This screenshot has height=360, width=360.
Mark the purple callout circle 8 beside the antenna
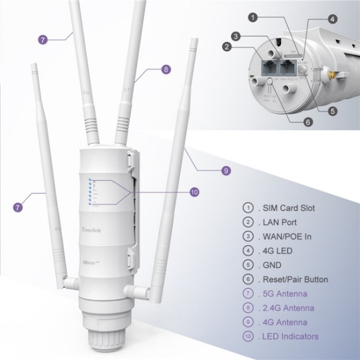pyautogui.click(x=166, y=69)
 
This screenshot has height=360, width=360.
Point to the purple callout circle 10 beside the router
pyautogui.click(x=194, y=192)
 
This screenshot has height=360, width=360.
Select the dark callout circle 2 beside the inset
pyautogui.click(x=227, y=47)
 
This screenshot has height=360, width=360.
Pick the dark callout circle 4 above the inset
pyautogui.click(x=332, y=19)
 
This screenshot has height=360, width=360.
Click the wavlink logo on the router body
pyautogui.click(x=90, y=221)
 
